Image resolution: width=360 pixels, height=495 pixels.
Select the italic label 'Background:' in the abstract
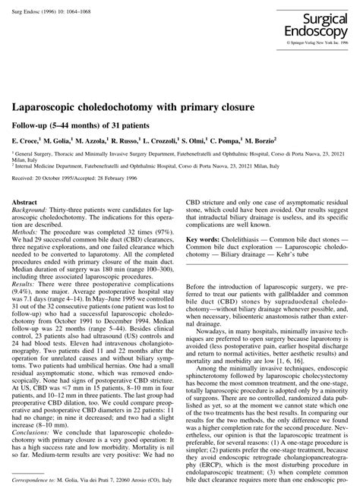pos(31,212)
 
